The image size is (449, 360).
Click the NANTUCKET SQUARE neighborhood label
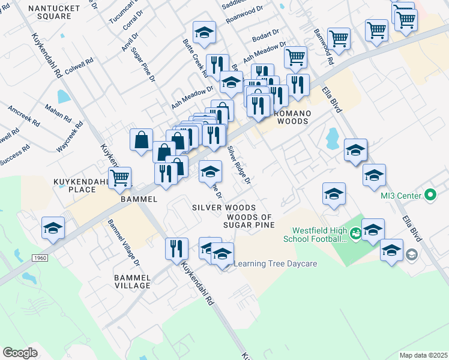tap(46, 11)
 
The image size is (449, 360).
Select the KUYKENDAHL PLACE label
tap(74, 185)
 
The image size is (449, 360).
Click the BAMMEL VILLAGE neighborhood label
tap(132, 281)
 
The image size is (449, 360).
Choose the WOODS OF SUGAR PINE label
tap(249, 221)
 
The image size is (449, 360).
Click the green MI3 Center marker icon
tap(430, 194)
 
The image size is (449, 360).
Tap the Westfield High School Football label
tap(319, 234)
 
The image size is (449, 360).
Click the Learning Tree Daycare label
tap(275, 263)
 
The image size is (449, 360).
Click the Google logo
tap(20, 352)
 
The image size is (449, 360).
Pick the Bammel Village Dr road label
tap(123, 243)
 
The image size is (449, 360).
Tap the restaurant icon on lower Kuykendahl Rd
tap(176, 248)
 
